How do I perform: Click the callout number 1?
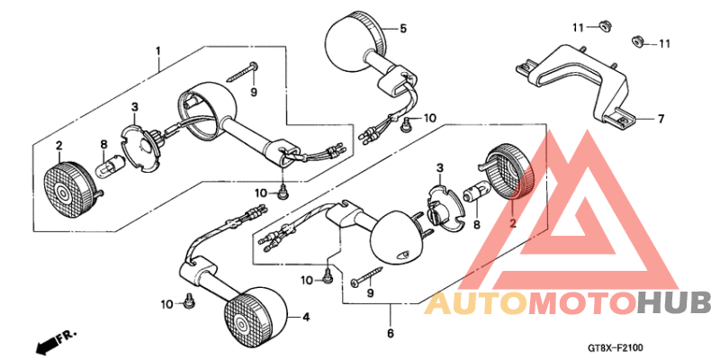pos(157,49)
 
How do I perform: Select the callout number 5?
pos(403,28)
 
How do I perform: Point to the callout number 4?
pos(306,317)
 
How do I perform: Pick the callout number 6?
pos(391,335)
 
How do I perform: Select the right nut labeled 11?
pos(634,41)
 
